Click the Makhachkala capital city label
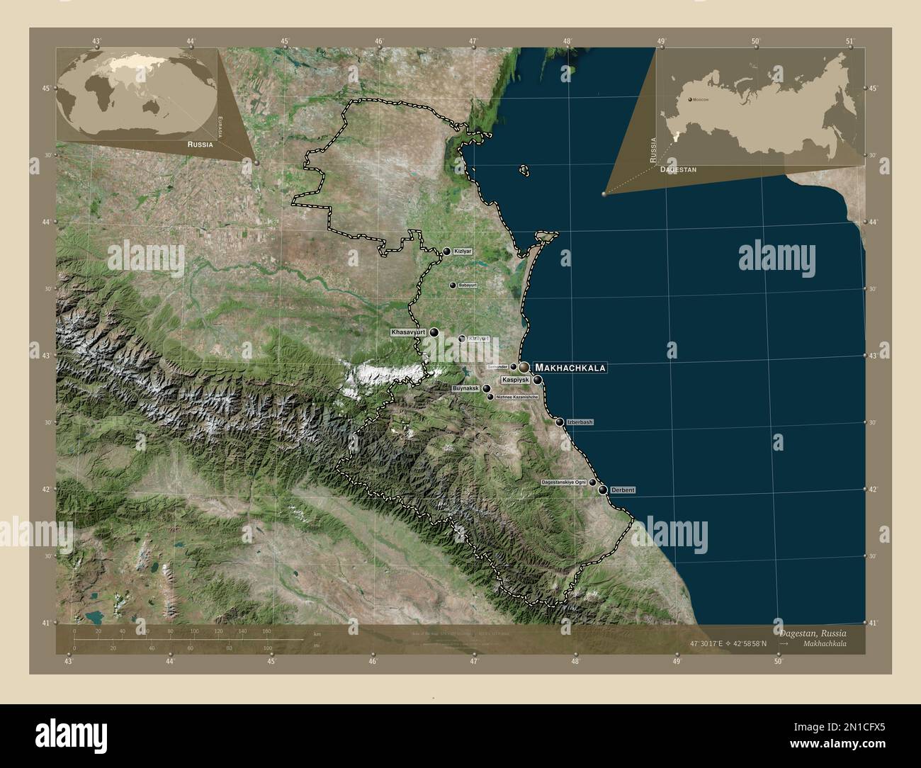click(x=570, y=368)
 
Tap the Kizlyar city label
click(x=463, y=252)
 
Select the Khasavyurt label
click(x=407, y=332)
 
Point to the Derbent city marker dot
click(x=602, y=490)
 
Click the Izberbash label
click(x=580, y=422)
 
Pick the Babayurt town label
click(x=468, y=285)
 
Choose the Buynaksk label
click(x=466, y=389)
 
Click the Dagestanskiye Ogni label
click(x=563, y=482)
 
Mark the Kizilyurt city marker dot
click(x=462, y=339)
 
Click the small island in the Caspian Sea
click(x=524, y=170)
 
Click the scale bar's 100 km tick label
click(x=193, y=631)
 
